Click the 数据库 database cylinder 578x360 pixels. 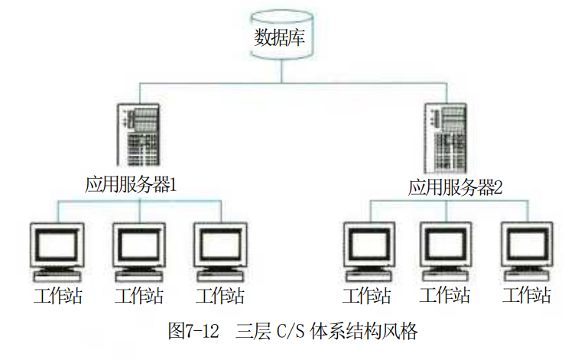[x=282, y=35]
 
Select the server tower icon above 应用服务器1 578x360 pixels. [x=138, y=135]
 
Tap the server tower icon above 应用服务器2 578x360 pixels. [x=446, y=138]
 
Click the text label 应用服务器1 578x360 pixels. [x=131, y=185]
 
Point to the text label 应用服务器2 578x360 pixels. [x=455, y=187]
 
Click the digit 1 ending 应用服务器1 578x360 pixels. [x=173, y=185]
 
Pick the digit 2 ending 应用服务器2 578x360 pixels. [x=498, y=187]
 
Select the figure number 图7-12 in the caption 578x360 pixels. [x=193, y=330]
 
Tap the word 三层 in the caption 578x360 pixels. [x=252, y=330]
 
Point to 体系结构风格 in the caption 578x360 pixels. [x=364, y=330]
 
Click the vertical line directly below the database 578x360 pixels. [x=282, y=71]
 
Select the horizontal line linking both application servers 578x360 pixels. [x=294, y=83]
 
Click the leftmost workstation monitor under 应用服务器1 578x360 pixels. [x=57, y=252]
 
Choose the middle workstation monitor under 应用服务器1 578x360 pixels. [x=139, y=252]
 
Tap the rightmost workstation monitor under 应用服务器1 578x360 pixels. [x=220, y=252]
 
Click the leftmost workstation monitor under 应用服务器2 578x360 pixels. [x=369, y=251]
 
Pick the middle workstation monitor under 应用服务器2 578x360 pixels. [x=446, y=251]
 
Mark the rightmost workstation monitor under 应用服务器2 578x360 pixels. [x=527, y=251]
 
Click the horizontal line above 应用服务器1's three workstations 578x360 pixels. [x=139, y=201]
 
